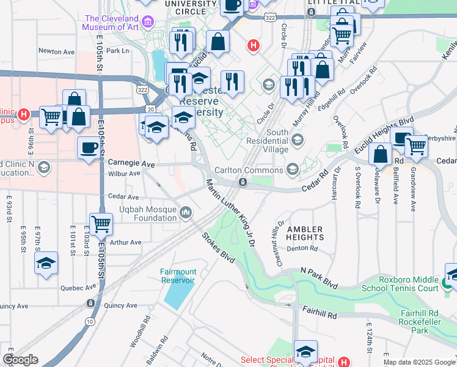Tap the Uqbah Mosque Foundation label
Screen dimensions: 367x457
pyautogui.click(x=147, y=213)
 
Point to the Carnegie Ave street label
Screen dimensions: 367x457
pyautogui.click(x=131, y=164)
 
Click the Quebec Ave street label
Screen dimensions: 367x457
pyautogui.click(x=78, y=287)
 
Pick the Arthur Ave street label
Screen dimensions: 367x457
pyautogui.click(x=126, y=242)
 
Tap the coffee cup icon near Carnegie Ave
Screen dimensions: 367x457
pyautogui.click(x=89, y=148)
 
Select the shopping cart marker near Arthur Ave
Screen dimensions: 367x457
pyautogui.click(x=101, y=224)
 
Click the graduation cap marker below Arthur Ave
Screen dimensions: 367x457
pyautogui.click(x=46, y=264)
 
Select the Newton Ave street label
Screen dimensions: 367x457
pyautogui.click(x=56, y=51)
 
